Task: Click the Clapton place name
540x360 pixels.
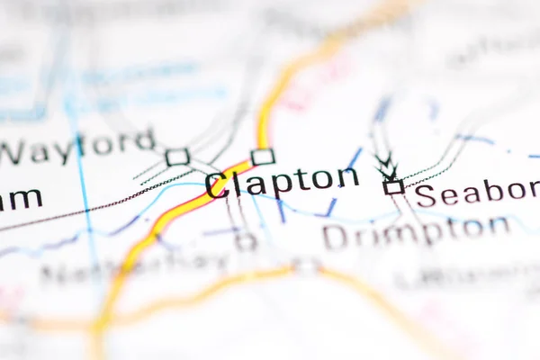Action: point(282,182)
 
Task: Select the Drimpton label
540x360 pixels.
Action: point(416,232)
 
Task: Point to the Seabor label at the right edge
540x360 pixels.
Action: point(476,193)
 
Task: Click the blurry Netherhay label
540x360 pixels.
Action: point(135,267)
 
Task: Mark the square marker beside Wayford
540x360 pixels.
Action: point(177,157)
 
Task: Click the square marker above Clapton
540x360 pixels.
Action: point(263,157)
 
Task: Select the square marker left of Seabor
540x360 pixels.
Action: point(393,187)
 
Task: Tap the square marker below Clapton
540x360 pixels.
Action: point(246,240)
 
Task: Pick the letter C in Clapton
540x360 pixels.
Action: point(217,186)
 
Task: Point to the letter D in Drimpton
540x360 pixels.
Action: point(335,237)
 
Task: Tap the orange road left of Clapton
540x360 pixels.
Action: point(180,208)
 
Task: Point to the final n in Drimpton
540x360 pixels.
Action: point(499,226)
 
